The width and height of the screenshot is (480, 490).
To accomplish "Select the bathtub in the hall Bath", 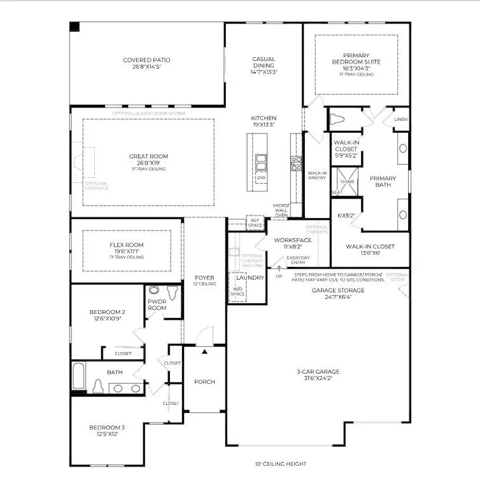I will pyautogui.click(x=79, y=376).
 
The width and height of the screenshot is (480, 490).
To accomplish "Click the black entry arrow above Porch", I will pyautogui.click(x=204, y=350).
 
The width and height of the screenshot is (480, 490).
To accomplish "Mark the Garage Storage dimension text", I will pyautogui.click(x=338, y=296).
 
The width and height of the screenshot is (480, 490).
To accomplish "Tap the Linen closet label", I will pyautogui.click(x=400, y=119).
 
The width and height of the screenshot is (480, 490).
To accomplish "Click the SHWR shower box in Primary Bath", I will pyautogui.click(x=347, y=181).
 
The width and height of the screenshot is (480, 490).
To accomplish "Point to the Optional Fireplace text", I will pyautogui.click(x=97, y=186).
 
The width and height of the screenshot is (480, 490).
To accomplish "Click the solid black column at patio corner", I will pyautogui.click(x=74, y=27).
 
